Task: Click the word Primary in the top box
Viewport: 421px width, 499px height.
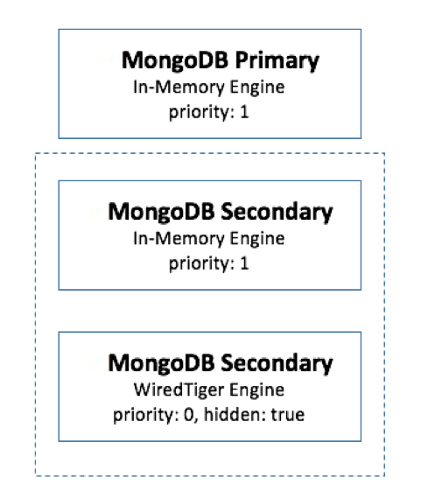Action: tap(277, 60)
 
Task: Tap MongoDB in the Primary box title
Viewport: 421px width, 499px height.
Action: tap(175, 60)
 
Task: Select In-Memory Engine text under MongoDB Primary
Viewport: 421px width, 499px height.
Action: tap(209, 88)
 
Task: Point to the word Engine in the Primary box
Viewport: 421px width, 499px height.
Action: tap(257, 88)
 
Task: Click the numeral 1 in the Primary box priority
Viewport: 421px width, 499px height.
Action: tap(244, 112)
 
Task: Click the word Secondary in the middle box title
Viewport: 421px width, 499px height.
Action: tap(277, 212)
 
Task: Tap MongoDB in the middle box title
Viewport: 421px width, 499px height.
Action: tap(161, 212)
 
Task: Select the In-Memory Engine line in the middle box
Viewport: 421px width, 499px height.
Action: tap(209, 239)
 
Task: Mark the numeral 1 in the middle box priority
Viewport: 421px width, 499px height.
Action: tap(244, 264)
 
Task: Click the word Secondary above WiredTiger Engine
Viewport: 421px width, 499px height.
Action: tap(277, 363)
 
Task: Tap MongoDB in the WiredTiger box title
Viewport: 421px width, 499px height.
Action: tap(161, 363)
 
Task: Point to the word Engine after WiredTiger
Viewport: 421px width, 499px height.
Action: tap(257, 390)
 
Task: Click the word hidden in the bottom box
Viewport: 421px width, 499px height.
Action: tap(235, 414)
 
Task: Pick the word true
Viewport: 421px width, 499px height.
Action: tap(288, 415)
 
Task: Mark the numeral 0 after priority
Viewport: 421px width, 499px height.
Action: tap(189, 415)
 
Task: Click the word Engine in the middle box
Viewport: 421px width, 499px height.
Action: tap(257, 239)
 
